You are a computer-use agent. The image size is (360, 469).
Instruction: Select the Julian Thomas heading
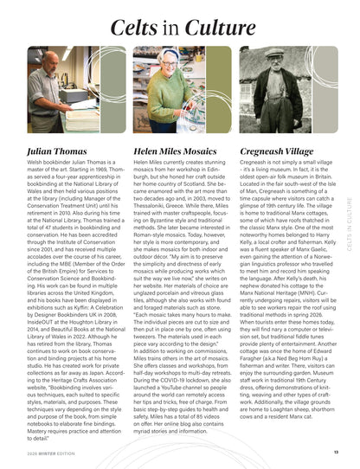tap(57, 150)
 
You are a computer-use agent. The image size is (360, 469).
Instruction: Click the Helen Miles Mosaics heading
tap(175, 150)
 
